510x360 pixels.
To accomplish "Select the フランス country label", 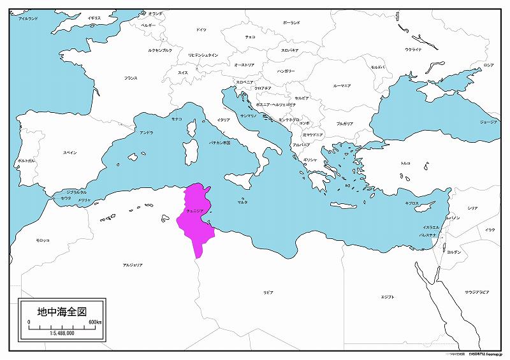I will pos(131,78).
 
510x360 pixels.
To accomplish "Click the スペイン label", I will pos(70,153).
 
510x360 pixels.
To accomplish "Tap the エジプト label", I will pos(387,297).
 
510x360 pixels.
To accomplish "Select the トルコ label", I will pos(405,164).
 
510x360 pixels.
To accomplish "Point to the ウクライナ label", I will pos(413,49).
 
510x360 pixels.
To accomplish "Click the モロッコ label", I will pos(42,240).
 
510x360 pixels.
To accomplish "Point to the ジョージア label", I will pos(488,121).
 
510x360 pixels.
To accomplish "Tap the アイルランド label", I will pos(28,19).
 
